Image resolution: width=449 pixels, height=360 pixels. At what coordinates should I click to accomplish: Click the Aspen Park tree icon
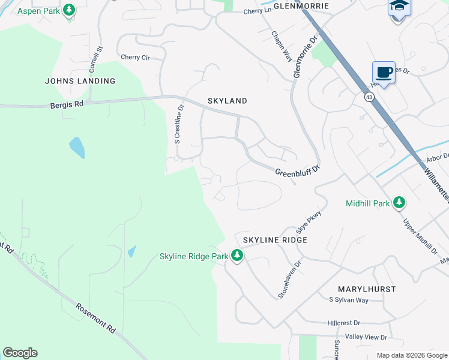point(69,10)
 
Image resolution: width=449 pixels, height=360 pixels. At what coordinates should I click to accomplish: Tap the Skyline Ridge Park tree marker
point(237,257)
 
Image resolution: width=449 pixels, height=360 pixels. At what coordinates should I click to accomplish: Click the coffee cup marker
point(384,73)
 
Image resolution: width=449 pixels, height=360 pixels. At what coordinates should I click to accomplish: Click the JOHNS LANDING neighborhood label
point(80,81)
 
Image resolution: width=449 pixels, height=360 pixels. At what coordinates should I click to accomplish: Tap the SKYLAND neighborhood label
point(227,101)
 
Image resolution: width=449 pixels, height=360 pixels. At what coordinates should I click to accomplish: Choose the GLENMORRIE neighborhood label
point(301,5)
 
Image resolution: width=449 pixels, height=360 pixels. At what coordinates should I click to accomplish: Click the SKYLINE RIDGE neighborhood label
point(275,240)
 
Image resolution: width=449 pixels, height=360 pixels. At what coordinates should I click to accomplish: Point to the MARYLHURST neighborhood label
point(366,289)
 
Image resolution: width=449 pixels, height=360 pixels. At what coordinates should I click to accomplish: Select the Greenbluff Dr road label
point(295,172)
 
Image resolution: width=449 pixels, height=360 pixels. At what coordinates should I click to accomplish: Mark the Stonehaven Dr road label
point(289,279)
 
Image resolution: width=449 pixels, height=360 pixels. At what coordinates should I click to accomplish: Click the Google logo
point(20,353)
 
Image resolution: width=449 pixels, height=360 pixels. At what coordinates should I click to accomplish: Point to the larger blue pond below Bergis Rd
point(76,147)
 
